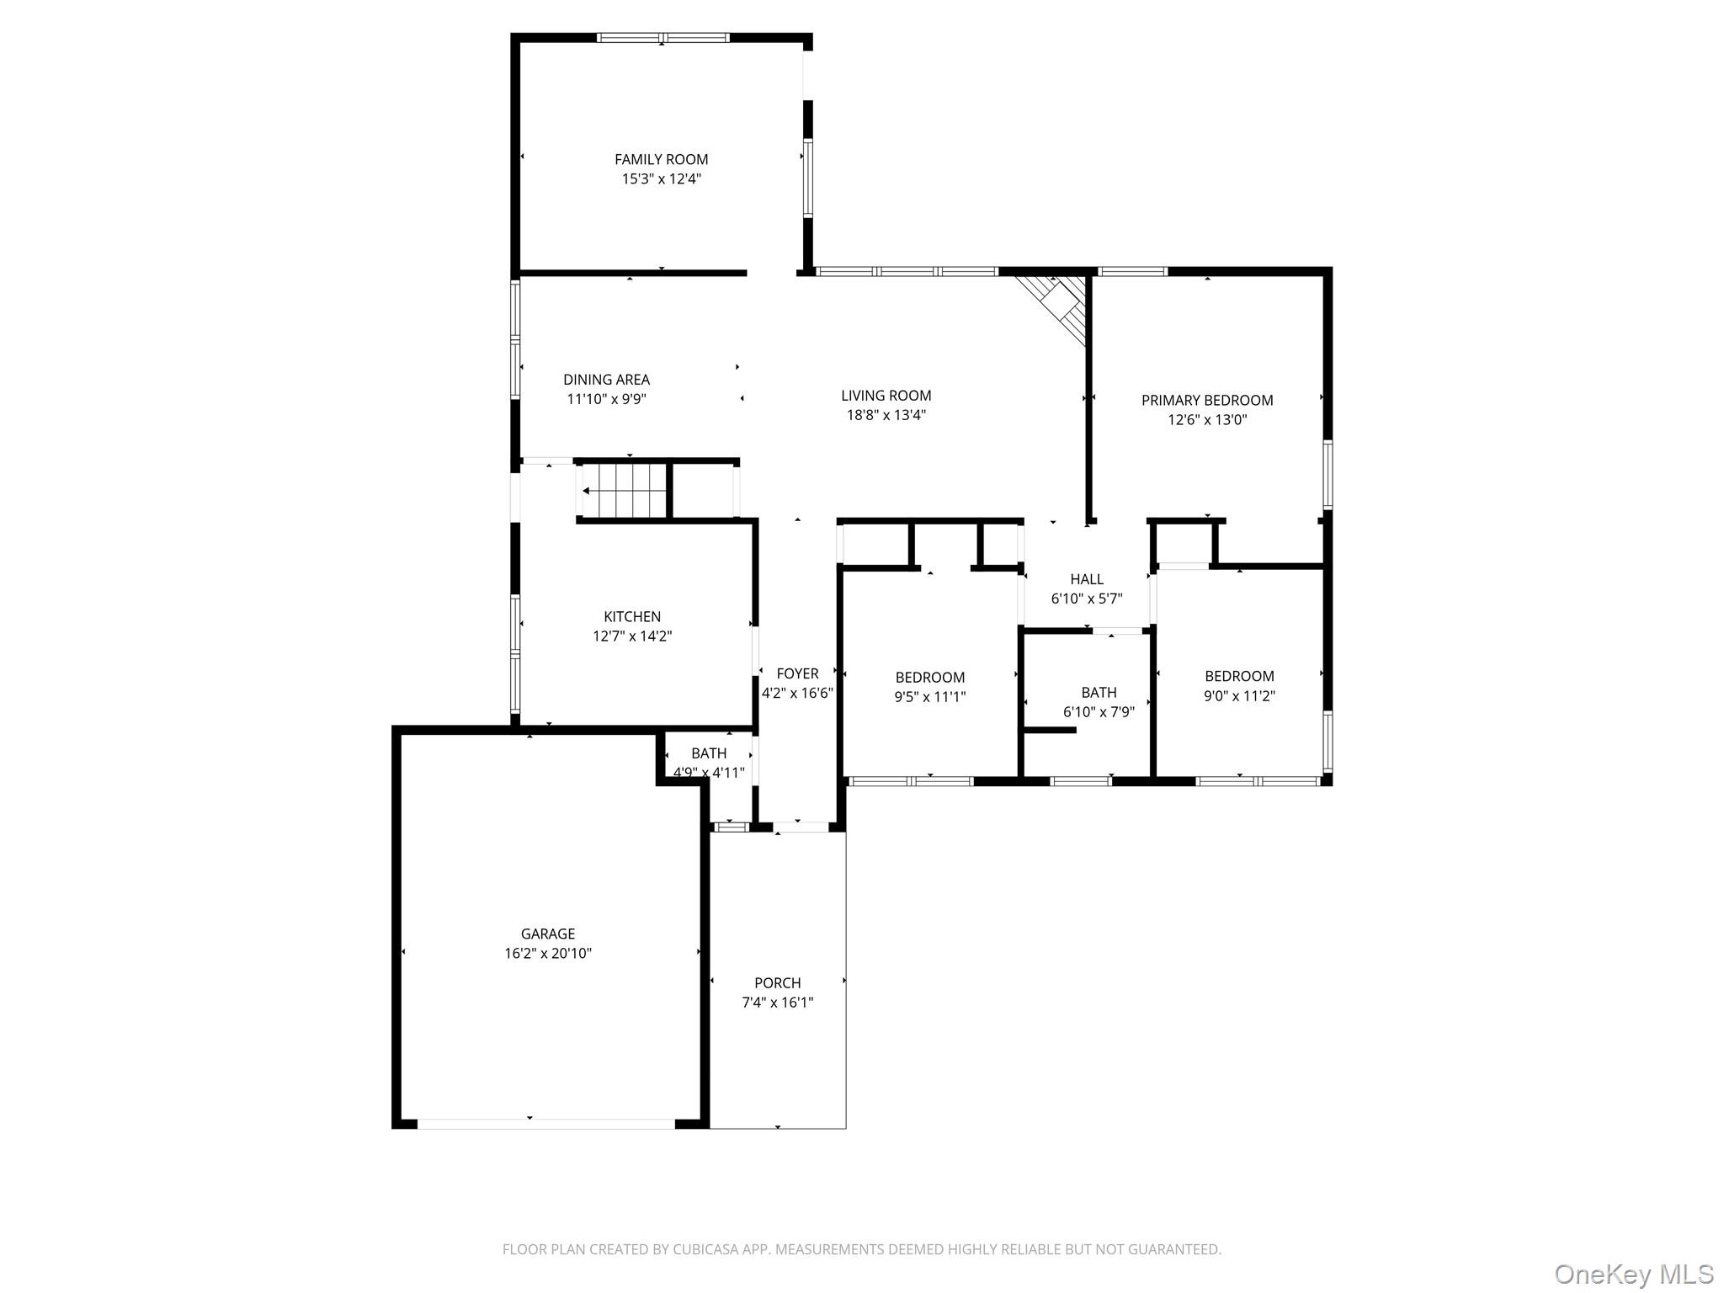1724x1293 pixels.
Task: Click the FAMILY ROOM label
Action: point(661,159)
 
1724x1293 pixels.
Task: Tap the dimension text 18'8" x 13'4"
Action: point(886,415)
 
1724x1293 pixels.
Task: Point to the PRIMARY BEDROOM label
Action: point(1206,401)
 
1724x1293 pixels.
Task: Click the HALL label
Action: point(1086,579)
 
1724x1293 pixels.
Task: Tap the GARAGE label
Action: point(547,934)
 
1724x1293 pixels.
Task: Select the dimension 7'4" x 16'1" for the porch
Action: point(777,1003)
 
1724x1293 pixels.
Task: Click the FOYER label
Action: point(796,673)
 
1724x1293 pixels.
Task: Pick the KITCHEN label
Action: point(631,617)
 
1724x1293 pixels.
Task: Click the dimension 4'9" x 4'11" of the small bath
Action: point(708,773)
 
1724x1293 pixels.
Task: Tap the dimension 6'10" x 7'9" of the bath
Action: point(1099,712)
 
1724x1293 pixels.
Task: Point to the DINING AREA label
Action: point(606,380)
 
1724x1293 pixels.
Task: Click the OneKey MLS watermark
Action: point(1633,1274)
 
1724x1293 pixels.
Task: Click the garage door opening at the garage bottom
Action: point(545,1124)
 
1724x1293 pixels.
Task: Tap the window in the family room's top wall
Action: point(662,38)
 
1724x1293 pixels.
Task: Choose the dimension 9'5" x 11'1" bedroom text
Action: point(929,697)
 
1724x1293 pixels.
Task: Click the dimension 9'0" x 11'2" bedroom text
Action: point(1238,696)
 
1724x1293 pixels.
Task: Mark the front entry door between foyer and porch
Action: point(801,827)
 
